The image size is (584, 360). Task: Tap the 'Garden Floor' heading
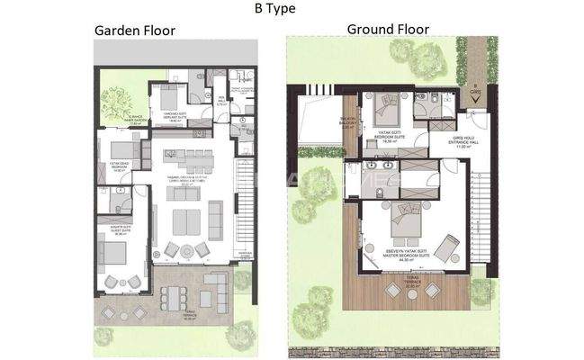(135, 31)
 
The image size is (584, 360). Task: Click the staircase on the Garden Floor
(240, 211)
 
